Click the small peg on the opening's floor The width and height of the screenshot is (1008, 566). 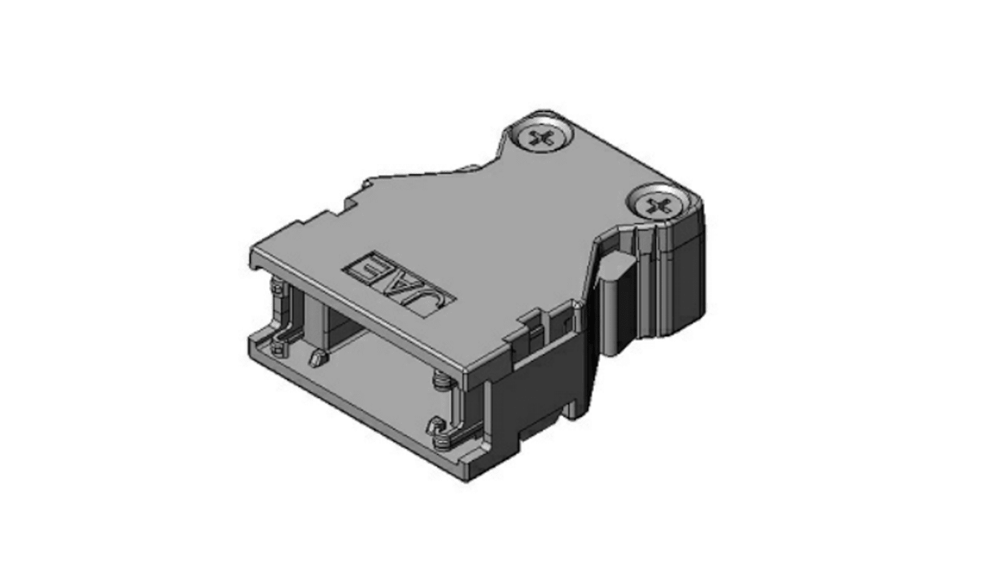point(317,358)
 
